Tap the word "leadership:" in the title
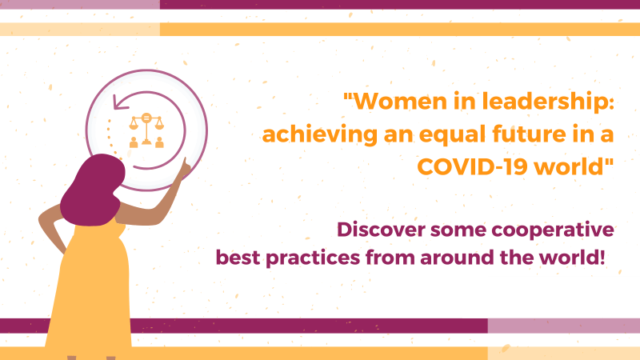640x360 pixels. pyautogui.click(x=548, y=102)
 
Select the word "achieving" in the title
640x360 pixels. pyautogui.click(x=319, y=135)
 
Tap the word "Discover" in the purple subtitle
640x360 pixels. pyautogui.click(x=382, y=230)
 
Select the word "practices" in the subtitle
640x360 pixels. pyautogui.click(x=313, y=258)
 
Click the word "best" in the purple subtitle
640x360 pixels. pyautogui.click(x=238, y=258)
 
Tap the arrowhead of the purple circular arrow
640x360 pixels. pyautogui.click(x=119, y=102)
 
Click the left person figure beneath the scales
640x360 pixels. pyautogui.click(x=134, y=142)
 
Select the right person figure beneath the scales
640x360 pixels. pyautogui.click(x=159, y=142)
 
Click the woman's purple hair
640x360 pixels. pyautogui.click(x=93, y=190)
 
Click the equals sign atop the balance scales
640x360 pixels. pyautogui.click(x=146, y=118)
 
